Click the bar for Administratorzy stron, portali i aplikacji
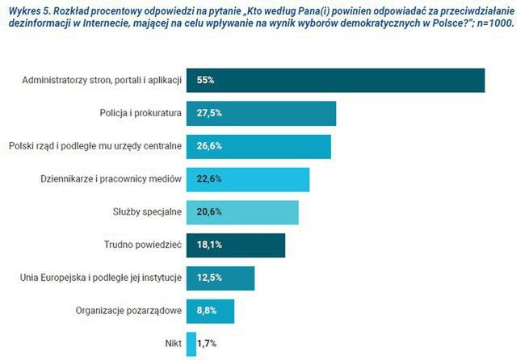click(335, 81)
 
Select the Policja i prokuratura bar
click(261, 114)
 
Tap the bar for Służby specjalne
click(242, 212)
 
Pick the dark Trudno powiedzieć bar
click(236, 245)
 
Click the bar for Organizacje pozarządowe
click(210, 311)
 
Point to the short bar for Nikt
click(191, 344)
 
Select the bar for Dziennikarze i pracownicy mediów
click(248, 179)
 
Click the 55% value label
click(205, 81)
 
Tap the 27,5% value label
click(209, 114)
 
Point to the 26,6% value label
click(209, 147)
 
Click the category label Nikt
click(172, 344)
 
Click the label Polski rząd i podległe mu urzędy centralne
click(94, 147)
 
